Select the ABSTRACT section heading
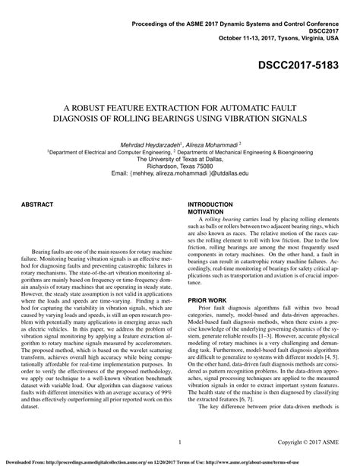[x=37, y=205]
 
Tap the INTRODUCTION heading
[x=210, y=205]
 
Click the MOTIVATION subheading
[x=207, y=212]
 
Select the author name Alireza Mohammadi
[x=215, y=144]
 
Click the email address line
[x=180, y=174]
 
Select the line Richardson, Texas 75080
[x=180, y=166]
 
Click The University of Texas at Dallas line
[x=180, y=159]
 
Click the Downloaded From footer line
[x=180, y=460]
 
